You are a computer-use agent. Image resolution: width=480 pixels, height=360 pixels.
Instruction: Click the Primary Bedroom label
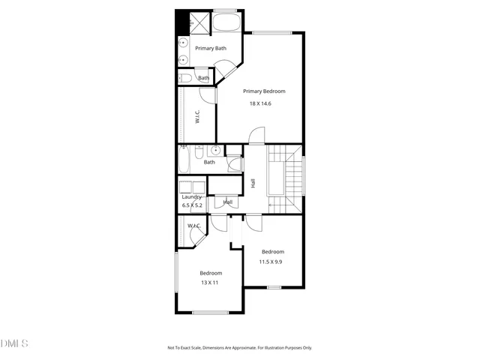pyautogui.click(x=264, y=91)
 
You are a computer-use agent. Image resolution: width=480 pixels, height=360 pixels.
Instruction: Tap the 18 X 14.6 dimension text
pyautogui.click(x=260, y=103)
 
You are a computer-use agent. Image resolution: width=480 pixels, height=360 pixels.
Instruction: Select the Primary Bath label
pyautogui.click(x=211, y=49)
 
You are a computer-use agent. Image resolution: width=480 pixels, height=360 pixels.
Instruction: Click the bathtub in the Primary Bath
pyautogui.click(x=226, y=22)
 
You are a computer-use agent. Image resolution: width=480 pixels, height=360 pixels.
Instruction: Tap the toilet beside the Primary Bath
pyautogui.click(x=185, y=77)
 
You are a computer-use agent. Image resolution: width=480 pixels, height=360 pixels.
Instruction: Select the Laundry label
pyautogui.click(x=192, y=197)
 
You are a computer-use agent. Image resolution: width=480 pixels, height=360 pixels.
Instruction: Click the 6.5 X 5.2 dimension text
pyautogui.click(x=192, y=205)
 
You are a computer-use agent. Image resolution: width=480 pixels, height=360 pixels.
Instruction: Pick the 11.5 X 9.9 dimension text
pyautogui.click(x=270, y=262)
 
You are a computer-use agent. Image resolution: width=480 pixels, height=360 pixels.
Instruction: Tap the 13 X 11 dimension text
pyautogui.click(x=210, y=283)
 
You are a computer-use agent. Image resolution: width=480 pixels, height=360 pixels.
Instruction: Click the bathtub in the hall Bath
pyautogui.click(x=185, y=160)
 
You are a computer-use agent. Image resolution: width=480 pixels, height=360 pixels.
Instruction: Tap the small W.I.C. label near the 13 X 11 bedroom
pyautogui.click(x=193, y=226)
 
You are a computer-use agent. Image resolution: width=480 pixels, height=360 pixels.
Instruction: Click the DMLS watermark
pyautogui.click(x=14, y=343)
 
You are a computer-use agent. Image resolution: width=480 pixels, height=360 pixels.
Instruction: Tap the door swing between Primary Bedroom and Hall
pyautogui.click(x=256, y=136)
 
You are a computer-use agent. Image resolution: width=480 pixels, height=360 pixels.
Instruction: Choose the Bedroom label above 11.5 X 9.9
pyautogui.click(x=272, y=251)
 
